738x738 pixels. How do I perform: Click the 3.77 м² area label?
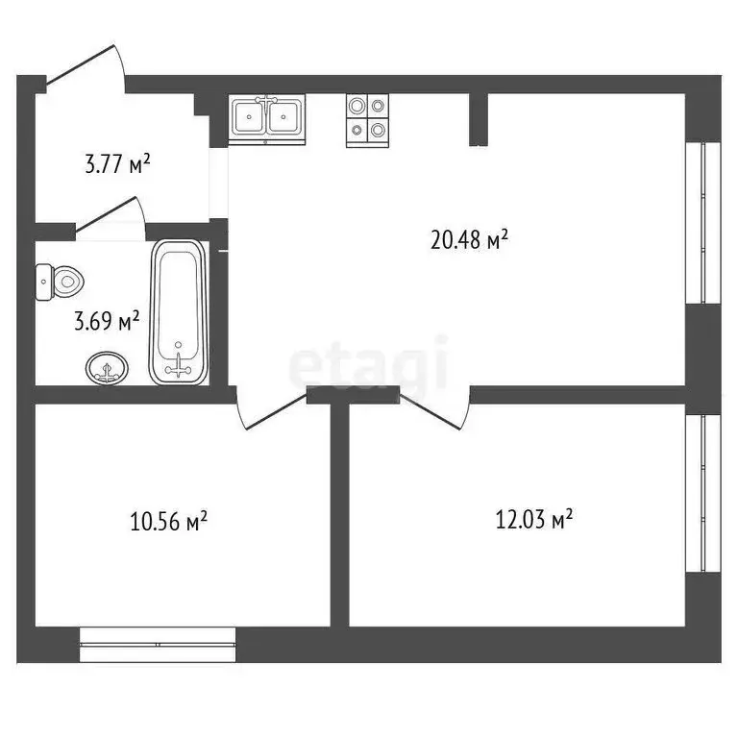[117, 164]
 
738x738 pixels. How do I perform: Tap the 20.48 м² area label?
[469, 240]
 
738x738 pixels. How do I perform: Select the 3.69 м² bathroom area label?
[107, 321]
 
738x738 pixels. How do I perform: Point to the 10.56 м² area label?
[169, 522]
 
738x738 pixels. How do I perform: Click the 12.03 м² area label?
[534, 520]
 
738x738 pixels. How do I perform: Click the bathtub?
[178, 312]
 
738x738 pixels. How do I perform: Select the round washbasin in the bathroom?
[106, 367]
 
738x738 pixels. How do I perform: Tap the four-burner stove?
[368, 119]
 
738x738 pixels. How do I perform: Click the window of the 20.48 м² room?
[709, 222]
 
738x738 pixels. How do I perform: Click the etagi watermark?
[369, 362]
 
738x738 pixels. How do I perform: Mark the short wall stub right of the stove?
[478, 119]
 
